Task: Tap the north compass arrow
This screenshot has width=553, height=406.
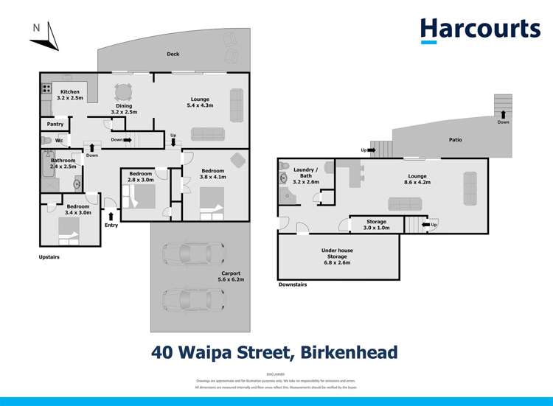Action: (x=49, y=36)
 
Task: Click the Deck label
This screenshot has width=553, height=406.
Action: (x=173, y=54)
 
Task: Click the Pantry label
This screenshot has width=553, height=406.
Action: (x=55, y=124)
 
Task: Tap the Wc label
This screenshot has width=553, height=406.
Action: (x=58, y=140)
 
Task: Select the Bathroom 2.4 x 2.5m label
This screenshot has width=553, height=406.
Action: (x=63, y=164)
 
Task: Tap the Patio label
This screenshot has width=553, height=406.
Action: (x=455, y=139)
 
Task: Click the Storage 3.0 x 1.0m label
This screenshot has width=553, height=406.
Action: (x=377, y=224)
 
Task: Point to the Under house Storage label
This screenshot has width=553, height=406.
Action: (x=337, y=253)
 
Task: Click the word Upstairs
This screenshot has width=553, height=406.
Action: (x=50, y=257)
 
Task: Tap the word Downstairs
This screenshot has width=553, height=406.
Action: (x=293, y=284)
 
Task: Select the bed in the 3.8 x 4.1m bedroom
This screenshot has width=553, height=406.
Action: (x=211, y=200)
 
